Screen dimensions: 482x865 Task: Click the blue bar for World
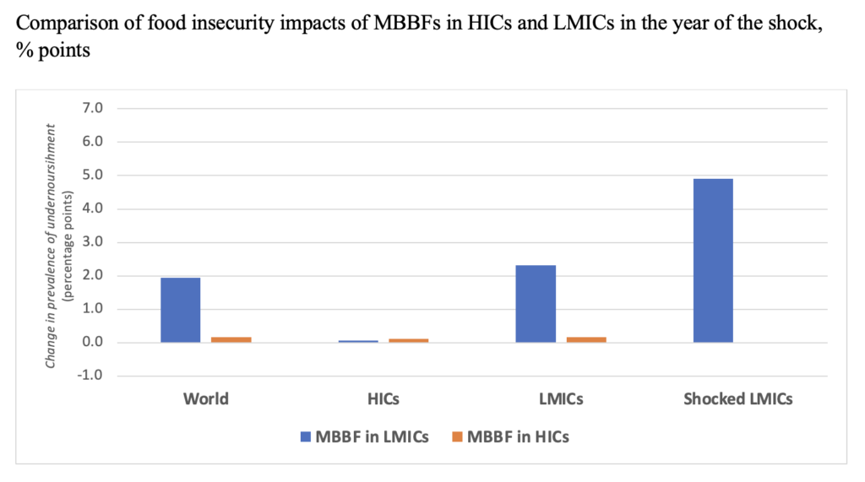[180, 310]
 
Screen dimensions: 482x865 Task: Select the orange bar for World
[231, 339]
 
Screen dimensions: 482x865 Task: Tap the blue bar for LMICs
[536, 304]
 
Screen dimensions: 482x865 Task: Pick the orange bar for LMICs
[586, 339]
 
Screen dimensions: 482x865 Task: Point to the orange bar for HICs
[408, 340]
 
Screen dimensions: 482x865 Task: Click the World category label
[205, 398]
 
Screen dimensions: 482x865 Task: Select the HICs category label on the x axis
[384, 398]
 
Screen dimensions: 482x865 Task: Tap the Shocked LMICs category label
[738, 398]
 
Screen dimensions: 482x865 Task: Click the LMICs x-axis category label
[560, 398]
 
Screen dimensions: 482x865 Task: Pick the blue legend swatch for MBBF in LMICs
[306, 437]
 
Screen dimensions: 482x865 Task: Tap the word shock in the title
[797, 23]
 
